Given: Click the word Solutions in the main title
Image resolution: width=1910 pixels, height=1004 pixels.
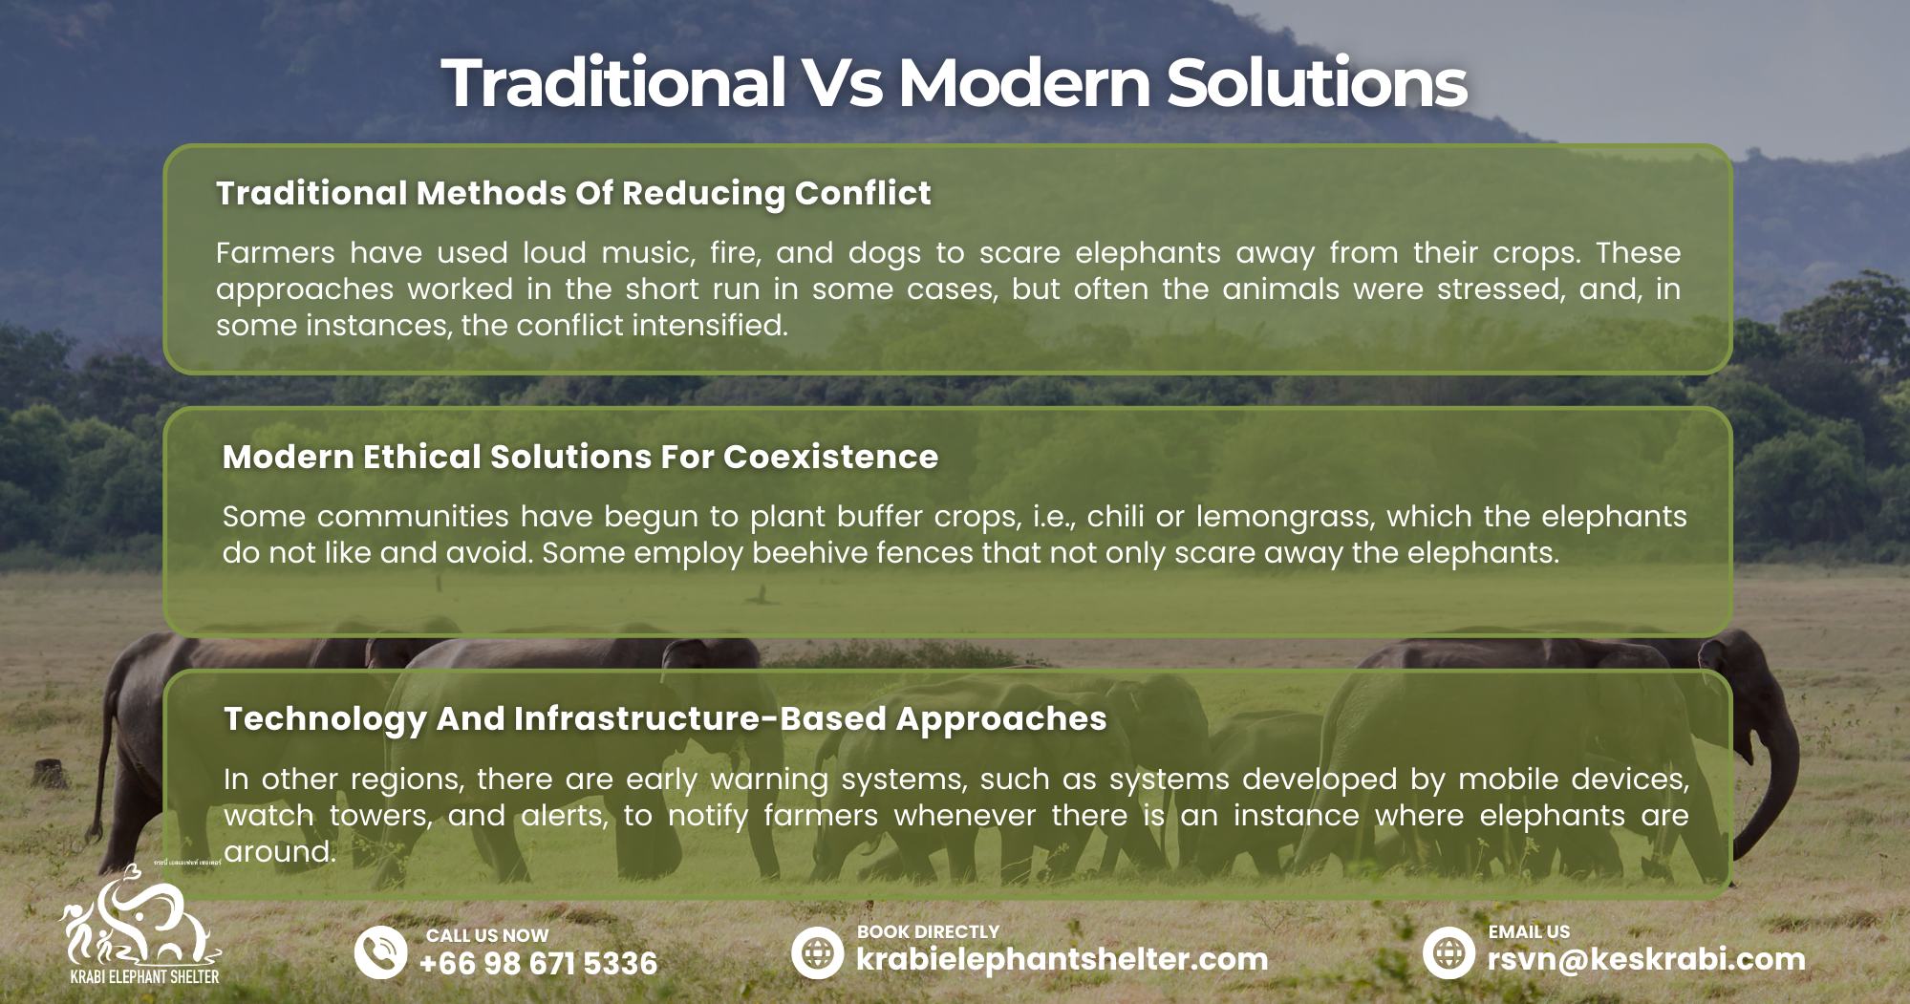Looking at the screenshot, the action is (x=1317, y=82).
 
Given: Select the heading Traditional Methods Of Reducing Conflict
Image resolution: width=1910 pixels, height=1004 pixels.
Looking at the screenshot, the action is (x=573, y=194).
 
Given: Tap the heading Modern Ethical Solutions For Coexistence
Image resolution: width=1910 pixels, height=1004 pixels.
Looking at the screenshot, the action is (x=580, y=457).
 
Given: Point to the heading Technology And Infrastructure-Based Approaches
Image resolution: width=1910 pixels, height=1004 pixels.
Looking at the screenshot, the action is (x=665, y=719).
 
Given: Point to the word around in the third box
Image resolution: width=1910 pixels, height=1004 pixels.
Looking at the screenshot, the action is (x=280, y=852).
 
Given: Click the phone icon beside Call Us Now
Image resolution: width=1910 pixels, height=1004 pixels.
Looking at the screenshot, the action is (x=381, y=952).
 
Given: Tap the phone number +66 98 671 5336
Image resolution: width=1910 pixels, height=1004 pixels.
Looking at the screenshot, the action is (x=538, y=963).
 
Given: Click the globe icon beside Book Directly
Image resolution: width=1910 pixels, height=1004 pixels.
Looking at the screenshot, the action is (x=818, y=952).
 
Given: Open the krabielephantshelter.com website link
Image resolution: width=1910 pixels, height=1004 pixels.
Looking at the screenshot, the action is (x=1062, y=959).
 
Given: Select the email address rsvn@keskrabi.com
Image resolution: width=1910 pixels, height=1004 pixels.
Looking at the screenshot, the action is (x=1646, y=959).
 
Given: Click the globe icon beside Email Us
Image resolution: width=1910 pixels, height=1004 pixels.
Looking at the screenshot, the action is (x=1449, y=952).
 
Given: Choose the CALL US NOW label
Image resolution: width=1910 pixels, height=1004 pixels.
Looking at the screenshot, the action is (x=487, y=935).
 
